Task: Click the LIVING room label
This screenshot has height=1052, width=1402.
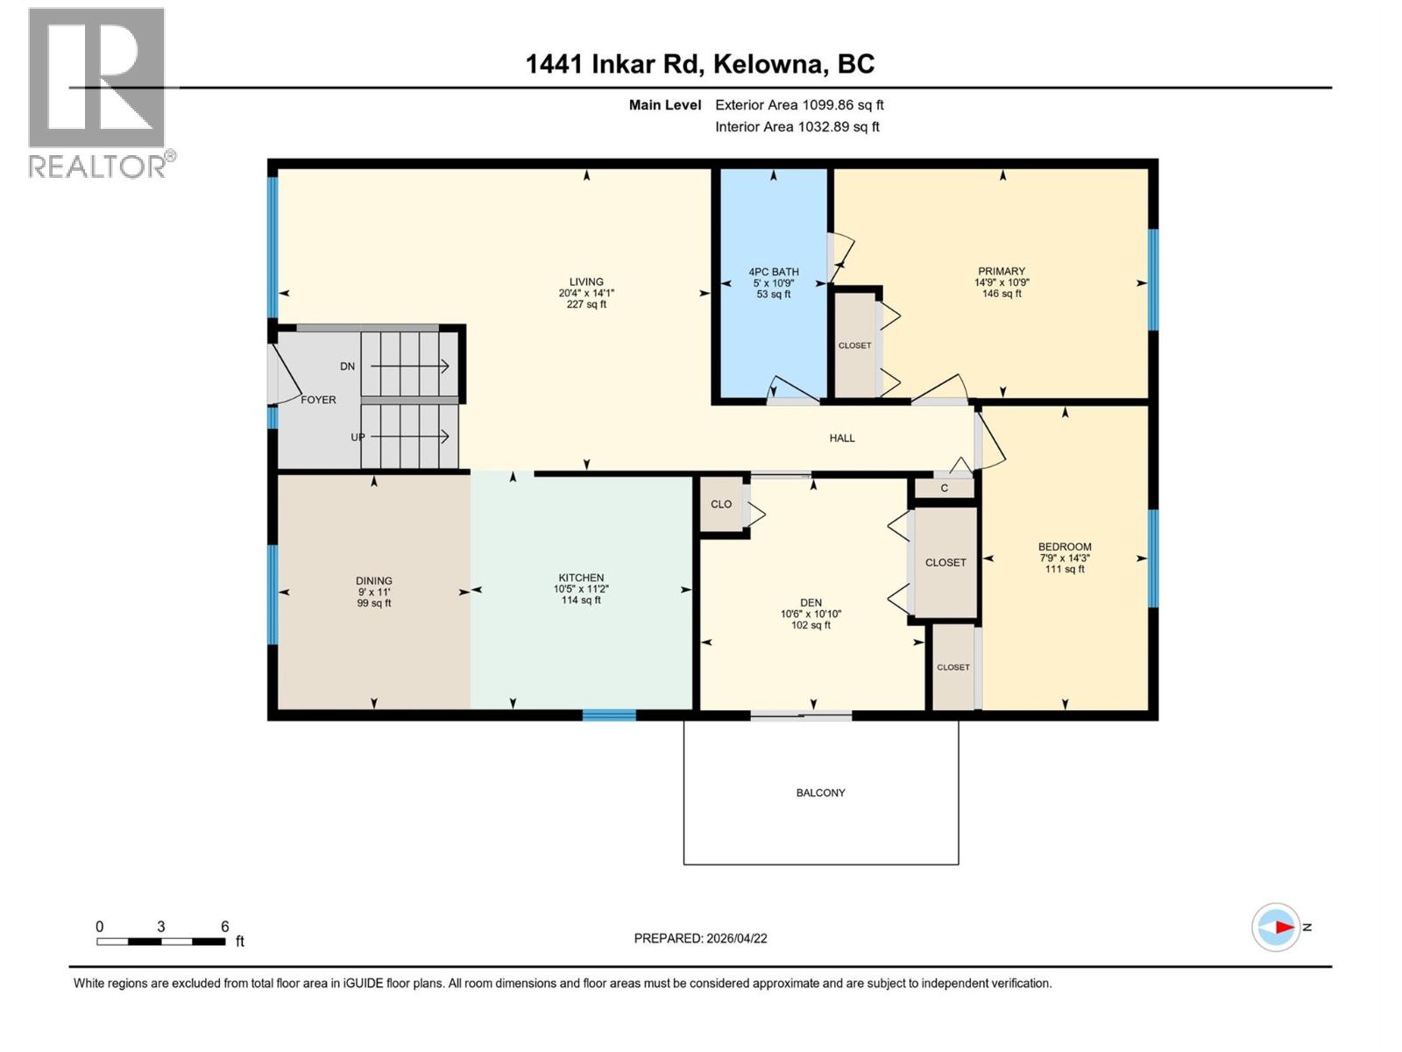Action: coord(586,282)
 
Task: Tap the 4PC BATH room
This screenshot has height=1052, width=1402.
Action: coord(774,283)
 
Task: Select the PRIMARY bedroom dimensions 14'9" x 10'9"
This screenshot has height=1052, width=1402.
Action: coord(1002,283)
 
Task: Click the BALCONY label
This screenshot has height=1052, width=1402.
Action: coord(820,793)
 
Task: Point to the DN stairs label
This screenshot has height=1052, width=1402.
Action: coord(348,366)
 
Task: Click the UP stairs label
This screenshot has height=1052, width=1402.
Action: coord(358,437)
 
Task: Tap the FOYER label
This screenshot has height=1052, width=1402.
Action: coord(318,400)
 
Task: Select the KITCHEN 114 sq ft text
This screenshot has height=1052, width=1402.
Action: coord(581,601)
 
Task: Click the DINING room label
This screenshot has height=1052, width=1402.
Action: coord(374,580)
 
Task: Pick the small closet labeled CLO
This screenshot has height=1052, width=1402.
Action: coord(721,504)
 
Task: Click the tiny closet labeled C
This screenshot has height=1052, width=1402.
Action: coord(944,488)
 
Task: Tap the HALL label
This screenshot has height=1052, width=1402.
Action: coord(842,437)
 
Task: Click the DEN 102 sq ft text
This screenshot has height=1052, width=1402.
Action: coord(811,625)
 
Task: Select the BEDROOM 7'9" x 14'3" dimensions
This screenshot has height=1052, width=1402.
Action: coord(1065,558)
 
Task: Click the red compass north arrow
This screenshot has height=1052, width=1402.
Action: coord(1284,927)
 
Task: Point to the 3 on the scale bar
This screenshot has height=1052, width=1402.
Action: coord(161,927)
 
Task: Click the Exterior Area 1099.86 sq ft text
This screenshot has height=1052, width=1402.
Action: coord(799,104)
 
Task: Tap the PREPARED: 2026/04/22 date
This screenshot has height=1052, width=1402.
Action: coord(700,938)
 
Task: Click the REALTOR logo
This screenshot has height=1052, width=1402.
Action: coord(98,92)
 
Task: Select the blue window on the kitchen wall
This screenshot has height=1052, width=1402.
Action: coord(609,715)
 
